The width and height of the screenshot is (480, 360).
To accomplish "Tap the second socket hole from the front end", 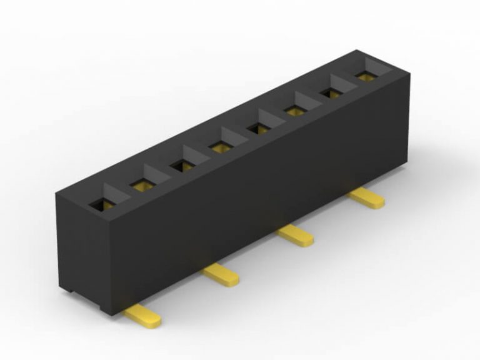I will pos(141,184).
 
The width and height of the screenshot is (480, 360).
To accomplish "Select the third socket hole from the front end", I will pos(182,166).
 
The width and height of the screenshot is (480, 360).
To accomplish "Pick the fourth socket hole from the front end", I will pos(221,147).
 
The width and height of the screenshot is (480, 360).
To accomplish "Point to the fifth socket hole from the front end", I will pos(257,129).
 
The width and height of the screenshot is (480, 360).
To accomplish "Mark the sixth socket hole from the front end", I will pos(294,111).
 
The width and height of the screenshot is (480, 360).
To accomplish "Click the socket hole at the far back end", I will pos(365,76).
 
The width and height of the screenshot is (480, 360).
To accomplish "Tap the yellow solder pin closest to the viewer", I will pos(142,317).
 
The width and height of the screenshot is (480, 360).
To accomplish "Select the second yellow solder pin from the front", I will pos(221,274).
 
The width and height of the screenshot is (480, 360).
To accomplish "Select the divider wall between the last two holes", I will pos(347,83).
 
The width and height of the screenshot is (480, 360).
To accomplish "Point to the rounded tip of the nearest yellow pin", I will pos(154,322).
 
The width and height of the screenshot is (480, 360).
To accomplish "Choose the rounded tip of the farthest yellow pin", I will pos(379,202).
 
